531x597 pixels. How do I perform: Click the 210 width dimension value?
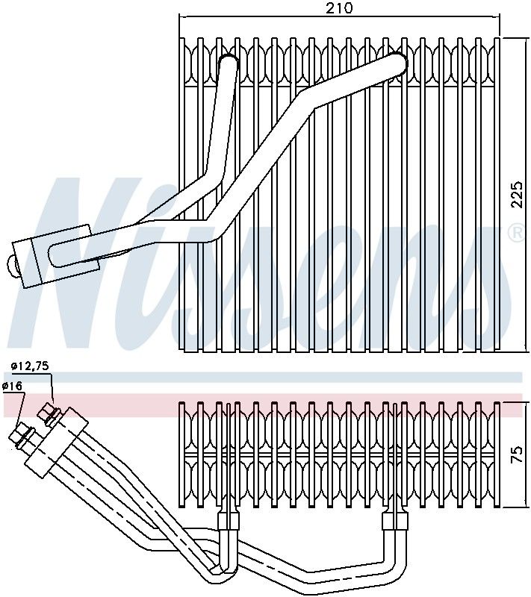tap(339, 8)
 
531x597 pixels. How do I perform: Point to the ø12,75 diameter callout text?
tap(30, 366)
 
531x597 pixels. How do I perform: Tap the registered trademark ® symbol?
tap(515, 234)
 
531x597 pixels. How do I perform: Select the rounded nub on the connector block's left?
tap(13, 264)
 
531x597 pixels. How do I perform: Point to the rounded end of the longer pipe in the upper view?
tap(397, 62)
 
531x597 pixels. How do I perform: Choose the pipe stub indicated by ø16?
tap(20, 435)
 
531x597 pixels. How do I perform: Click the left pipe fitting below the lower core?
tap(227, 520)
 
